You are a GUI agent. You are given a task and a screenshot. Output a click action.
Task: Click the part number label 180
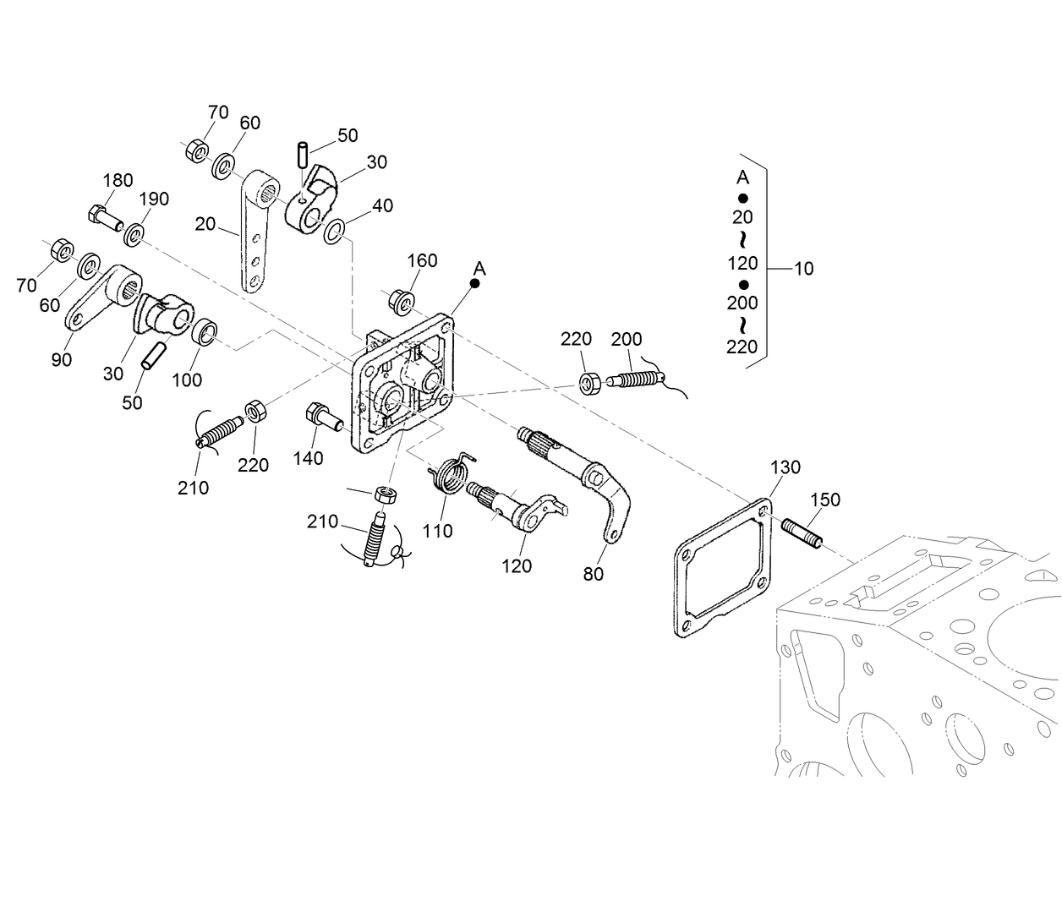[x=118, y=180]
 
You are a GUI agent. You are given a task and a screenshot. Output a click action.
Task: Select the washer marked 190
[x=134, y=233]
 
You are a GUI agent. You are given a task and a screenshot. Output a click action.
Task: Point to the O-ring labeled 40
[x=334, y=231]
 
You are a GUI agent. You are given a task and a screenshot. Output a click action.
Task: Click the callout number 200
[x=627, y=339]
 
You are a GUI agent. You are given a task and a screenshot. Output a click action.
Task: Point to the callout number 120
[x=517, y=565]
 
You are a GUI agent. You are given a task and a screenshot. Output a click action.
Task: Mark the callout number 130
[x=785, y=467]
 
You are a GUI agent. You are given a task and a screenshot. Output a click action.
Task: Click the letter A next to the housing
[x=479, y=268]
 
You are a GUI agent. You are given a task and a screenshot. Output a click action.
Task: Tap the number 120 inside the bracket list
[x=742, y=263]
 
